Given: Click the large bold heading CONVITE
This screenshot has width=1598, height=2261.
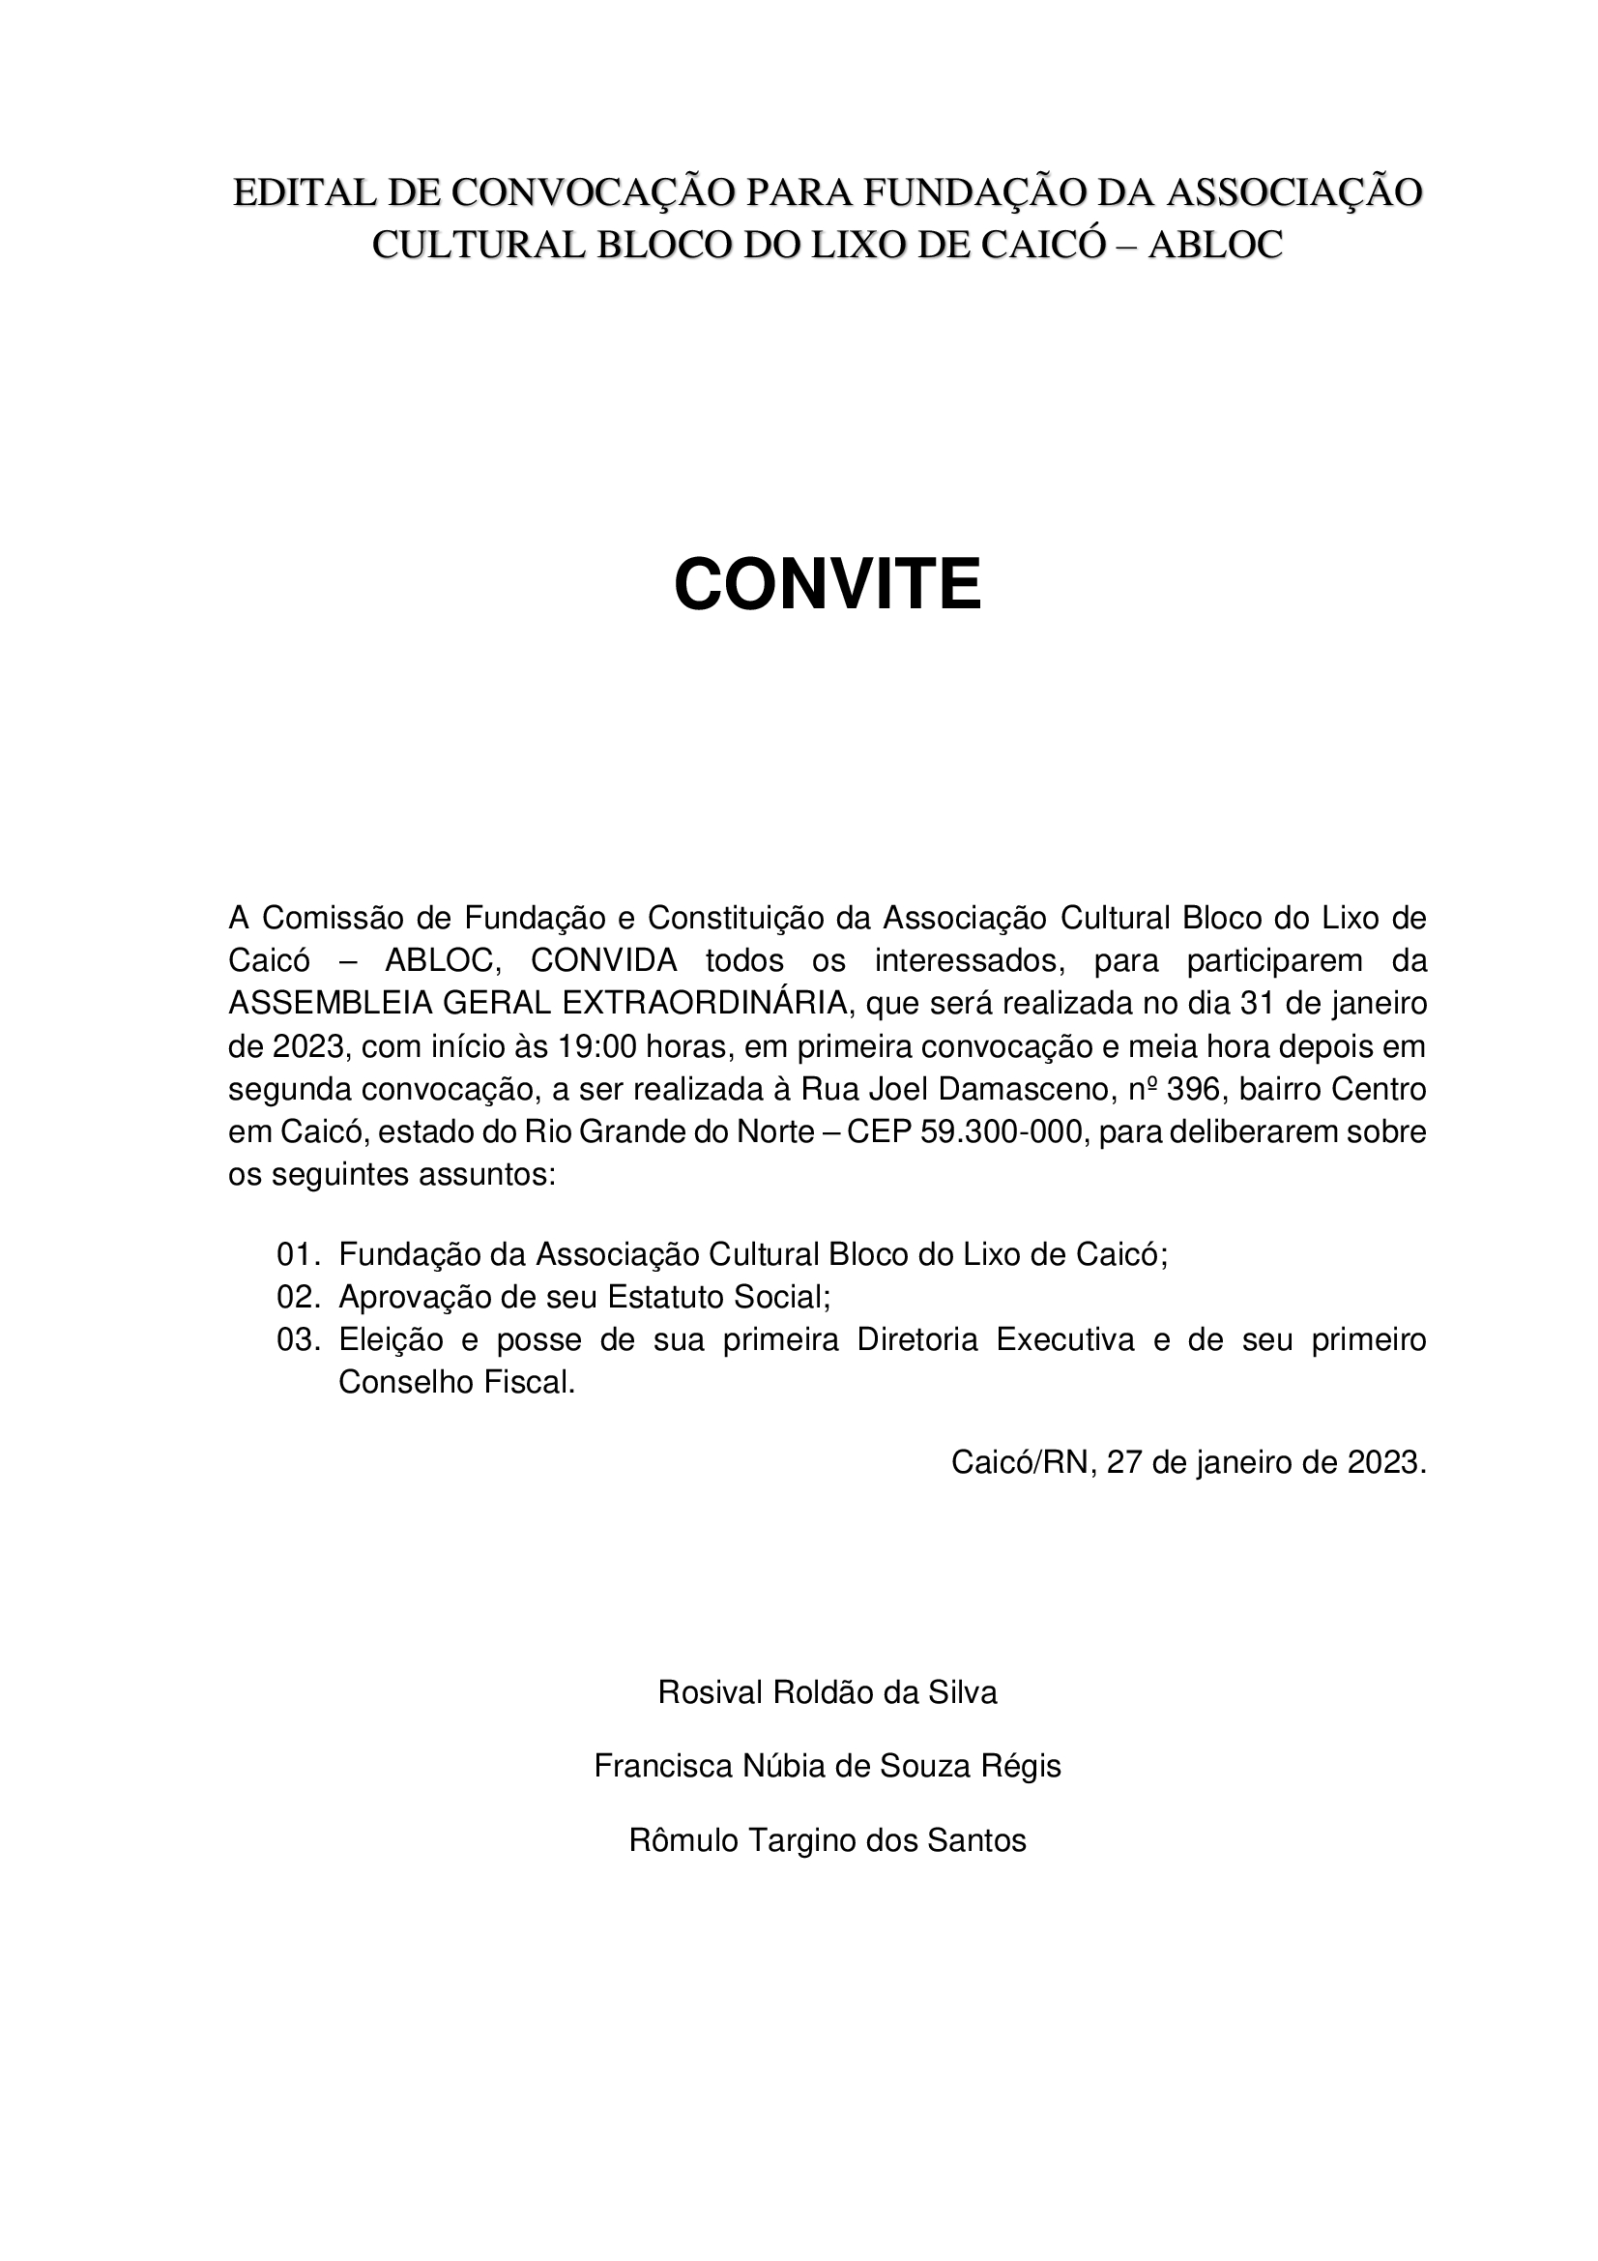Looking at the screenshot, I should click(x=828, y=584).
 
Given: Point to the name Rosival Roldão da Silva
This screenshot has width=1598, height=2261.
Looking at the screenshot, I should click(x=828, y=1691).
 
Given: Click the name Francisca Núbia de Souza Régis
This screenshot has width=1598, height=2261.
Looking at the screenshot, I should click(x=828, y=1766).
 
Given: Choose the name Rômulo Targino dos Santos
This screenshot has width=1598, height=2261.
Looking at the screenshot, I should click(x=828, y=1839).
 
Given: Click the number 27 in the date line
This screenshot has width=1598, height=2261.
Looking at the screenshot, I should click(x=1123, y=1462).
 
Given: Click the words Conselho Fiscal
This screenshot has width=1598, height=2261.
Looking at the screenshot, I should click(x=456, y=1383).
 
